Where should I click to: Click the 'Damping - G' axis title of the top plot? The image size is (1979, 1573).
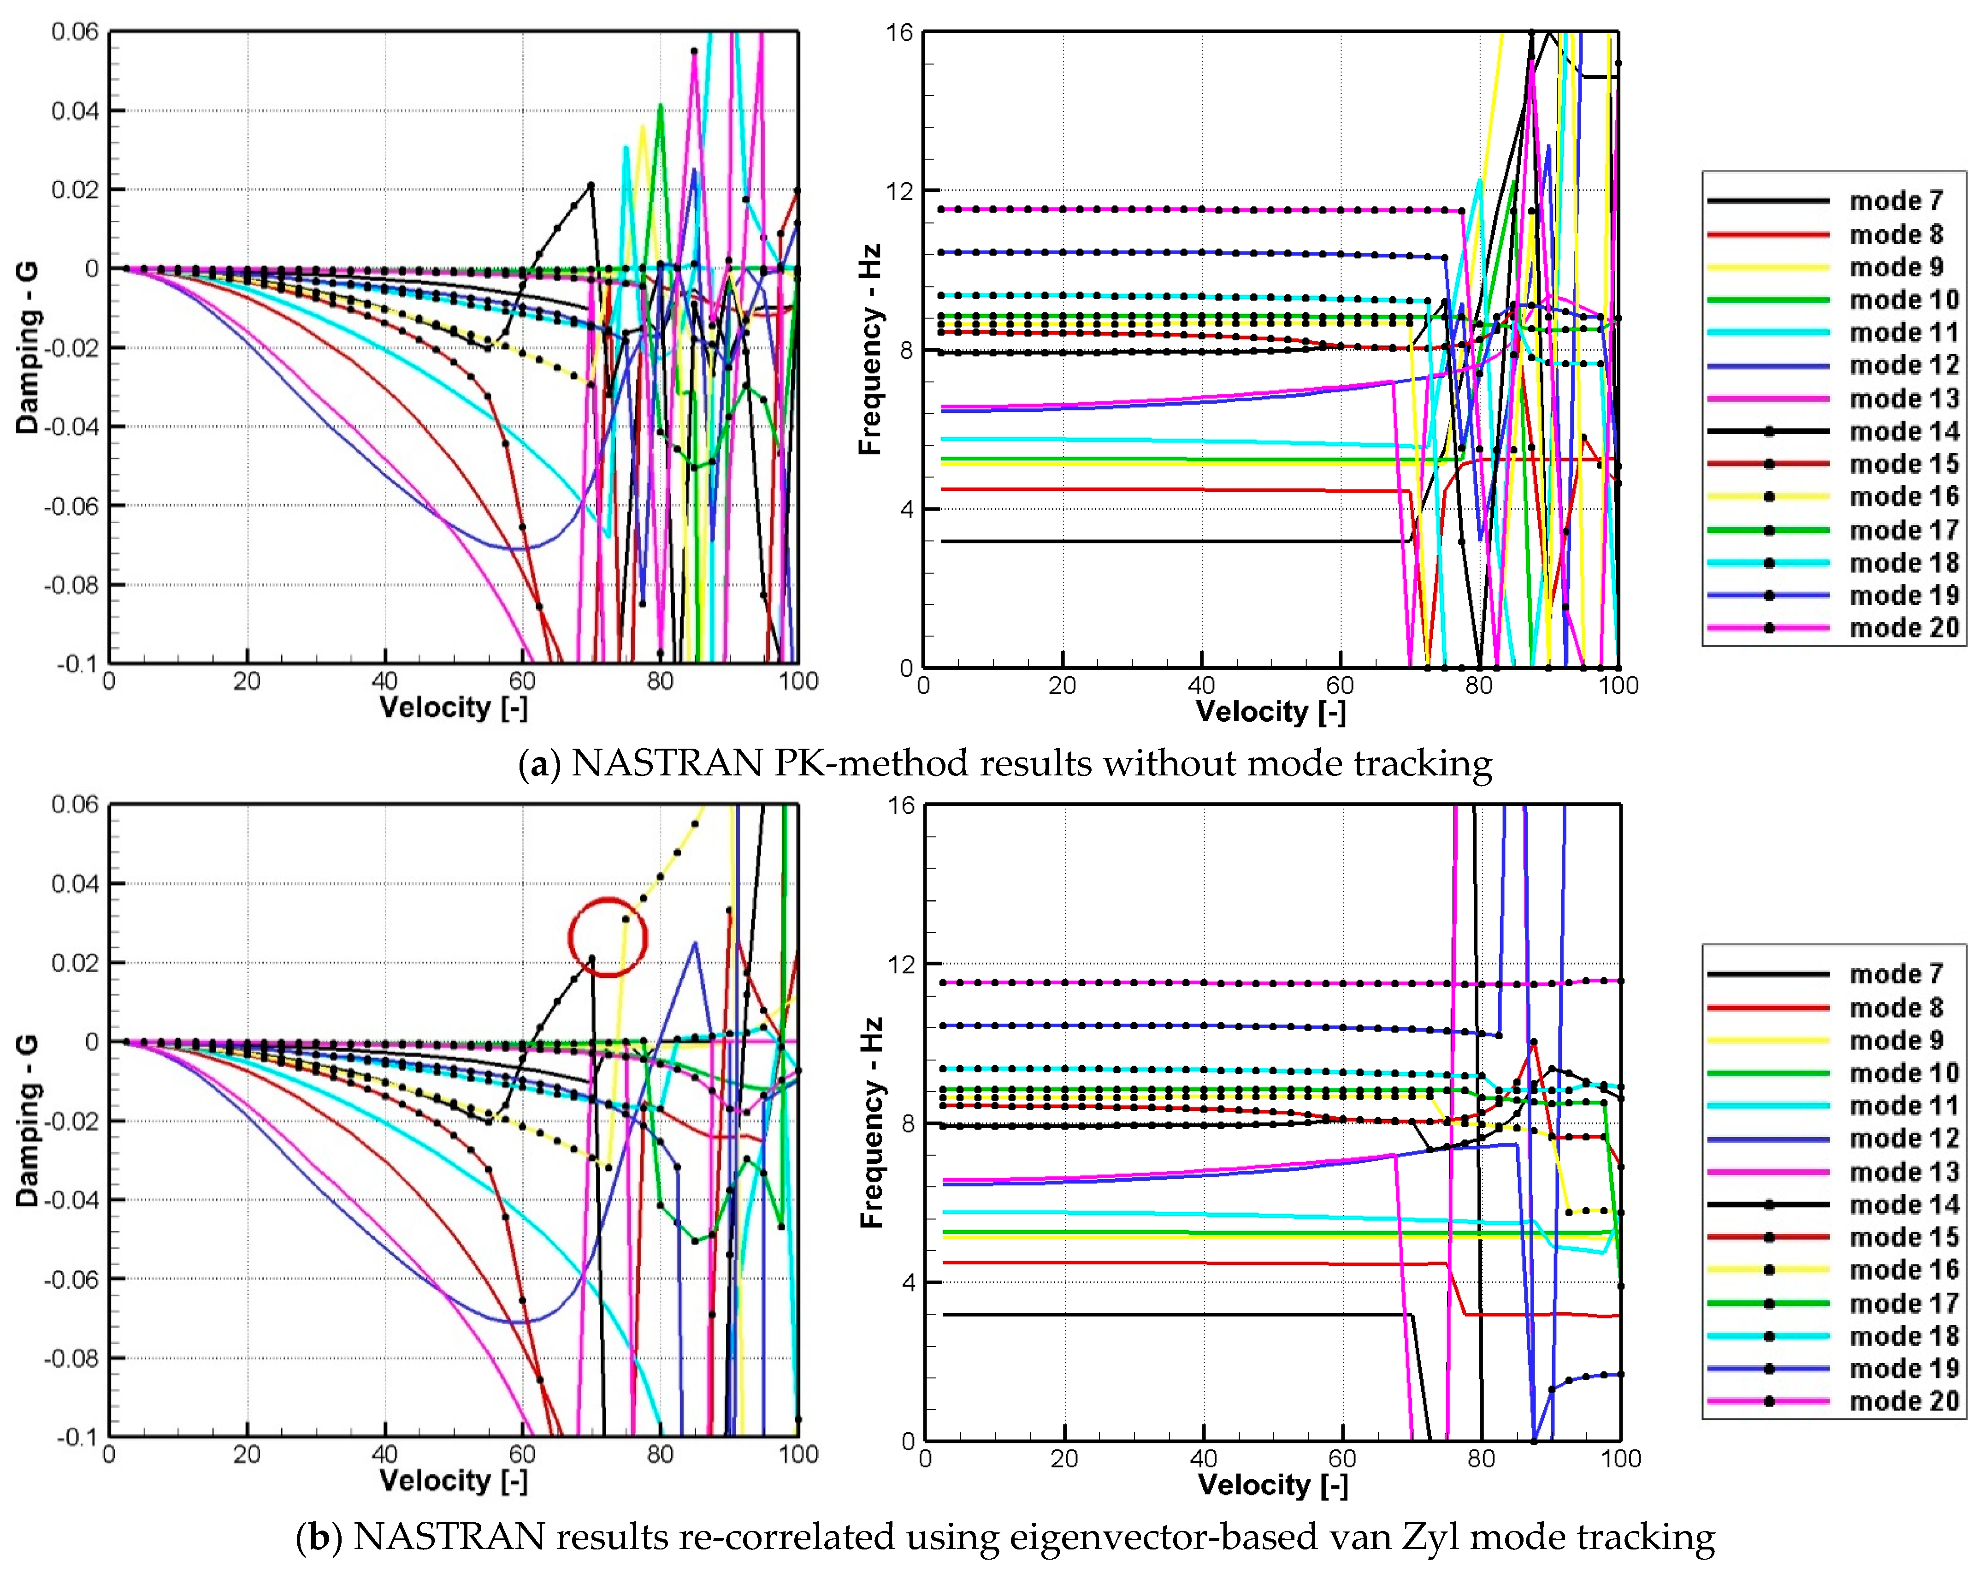(x=28, y=347)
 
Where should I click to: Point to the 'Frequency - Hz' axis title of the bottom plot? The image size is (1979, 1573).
(x=870, y=1122)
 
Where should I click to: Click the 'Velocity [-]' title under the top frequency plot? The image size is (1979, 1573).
(x=1270, y=712)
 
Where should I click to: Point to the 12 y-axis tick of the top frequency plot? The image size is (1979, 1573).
(x=899, y=191)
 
